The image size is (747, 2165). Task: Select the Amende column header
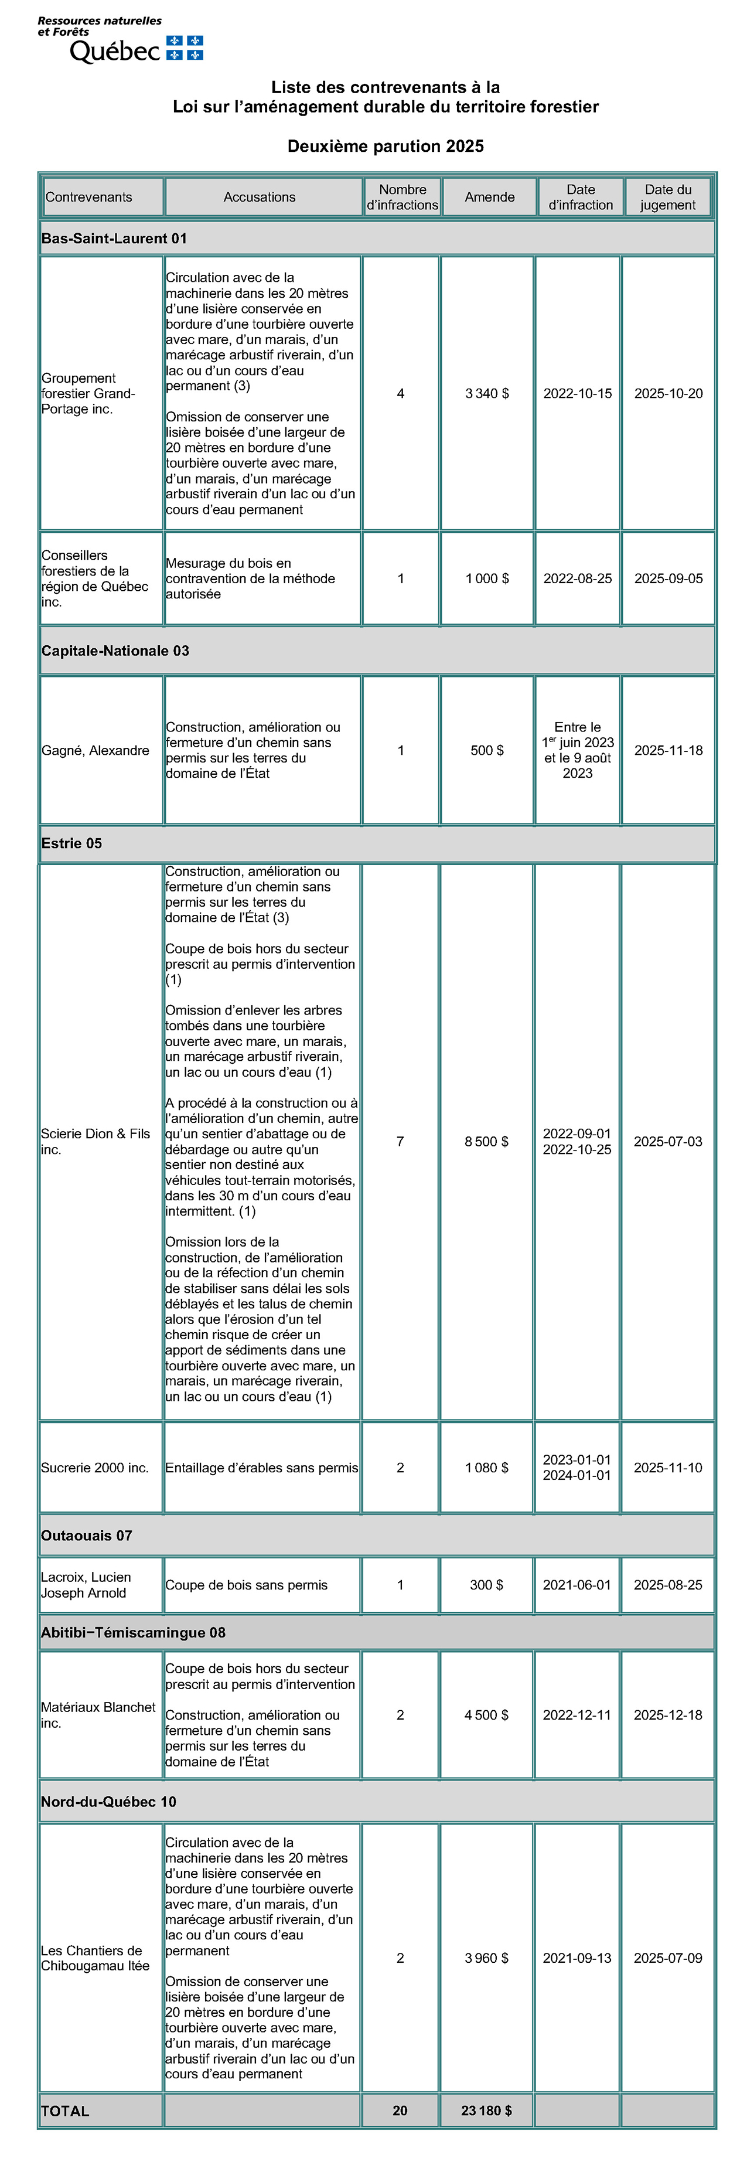point(489,197)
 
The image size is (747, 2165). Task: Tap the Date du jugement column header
point(668,197)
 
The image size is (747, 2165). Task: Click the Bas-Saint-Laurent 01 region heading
point(114,239)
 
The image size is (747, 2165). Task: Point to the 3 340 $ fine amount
point(486,393)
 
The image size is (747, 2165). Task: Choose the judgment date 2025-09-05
point(668,578)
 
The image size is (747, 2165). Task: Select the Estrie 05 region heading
point(71,843)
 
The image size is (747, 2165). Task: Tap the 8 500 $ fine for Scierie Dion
point(486,1141)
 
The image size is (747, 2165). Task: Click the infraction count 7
point(400,1141)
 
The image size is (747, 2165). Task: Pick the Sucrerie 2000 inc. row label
point(95,1468)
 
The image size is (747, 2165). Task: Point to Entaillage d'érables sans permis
point(261,1468)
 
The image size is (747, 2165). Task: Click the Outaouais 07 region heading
point(87,1536)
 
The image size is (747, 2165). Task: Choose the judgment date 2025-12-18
point(668,1714)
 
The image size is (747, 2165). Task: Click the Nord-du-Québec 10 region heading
point(108,1801)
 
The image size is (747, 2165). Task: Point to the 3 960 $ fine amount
point(486,1958)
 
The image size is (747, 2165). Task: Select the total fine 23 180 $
point(486,2110)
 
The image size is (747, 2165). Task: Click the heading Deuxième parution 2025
point(386,147)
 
